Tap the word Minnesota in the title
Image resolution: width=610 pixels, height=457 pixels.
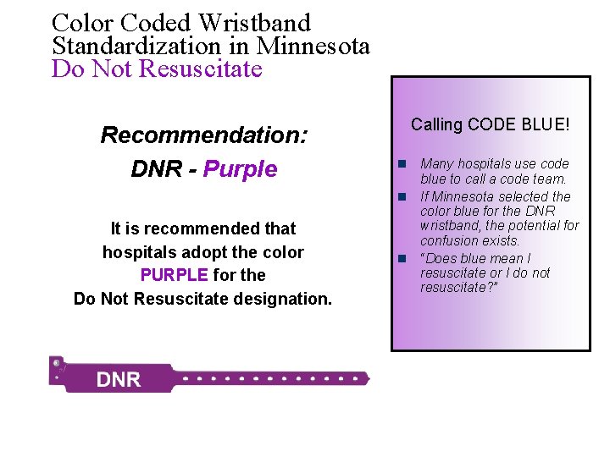click(x=313, y=46)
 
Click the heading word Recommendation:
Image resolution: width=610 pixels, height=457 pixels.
click(x=204, y=135)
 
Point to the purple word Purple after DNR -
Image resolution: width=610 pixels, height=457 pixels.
click(x=241, y=169)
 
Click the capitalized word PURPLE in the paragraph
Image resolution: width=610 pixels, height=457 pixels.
click(x=174, y=275)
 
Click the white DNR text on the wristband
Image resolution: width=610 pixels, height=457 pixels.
click(x=119, y=379)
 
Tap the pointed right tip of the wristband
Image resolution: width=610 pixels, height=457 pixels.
click(x=368, y=377)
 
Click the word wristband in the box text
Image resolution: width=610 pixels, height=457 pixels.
click(x=447, y=226)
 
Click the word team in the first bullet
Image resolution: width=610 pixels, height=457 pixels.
click(x=549, y=179)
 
